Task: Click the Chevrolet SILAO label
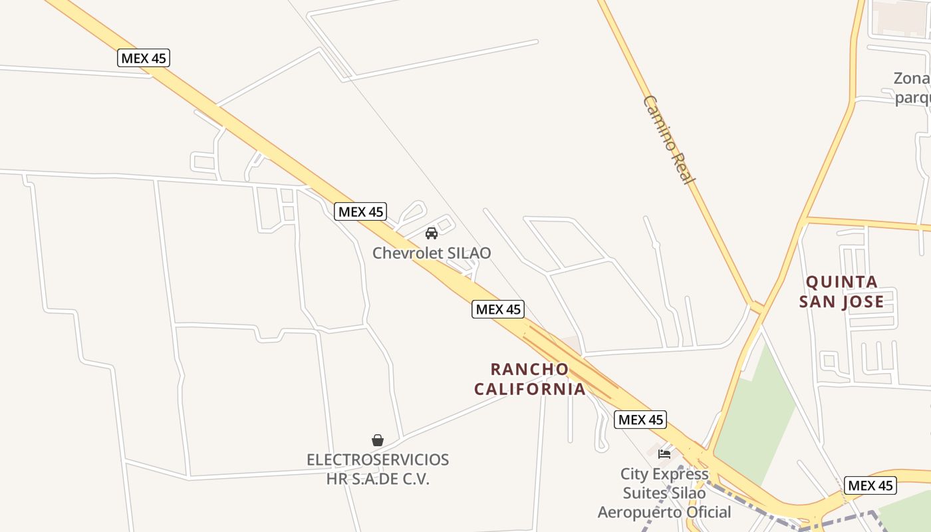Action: coord(431,253)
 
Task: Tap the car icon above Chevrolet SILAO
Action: coord(431,233)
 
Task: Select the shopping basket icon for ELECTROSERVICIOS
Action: coord(378,440)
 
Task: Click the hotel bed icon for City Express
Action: coord(664,454)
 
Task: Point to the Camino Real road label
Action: coord(669,140)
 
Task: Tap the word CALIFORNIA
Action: coord(530,388)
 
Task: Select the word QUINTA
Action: coord(842,282)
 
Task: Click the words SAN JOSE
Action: coord(842,302)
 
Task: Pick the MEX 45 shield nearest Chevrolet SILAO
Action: coord(360,211)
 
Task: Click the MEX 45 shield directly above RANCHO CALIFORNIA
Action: coord(498,309)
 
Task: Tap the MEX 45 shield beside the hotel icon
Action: coord(640,420)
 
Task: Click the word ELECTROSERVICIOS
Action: coord(378,460)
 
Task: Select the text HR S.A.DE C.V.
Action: coord(378,479)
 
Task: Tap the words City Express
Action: coord(664,474)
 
